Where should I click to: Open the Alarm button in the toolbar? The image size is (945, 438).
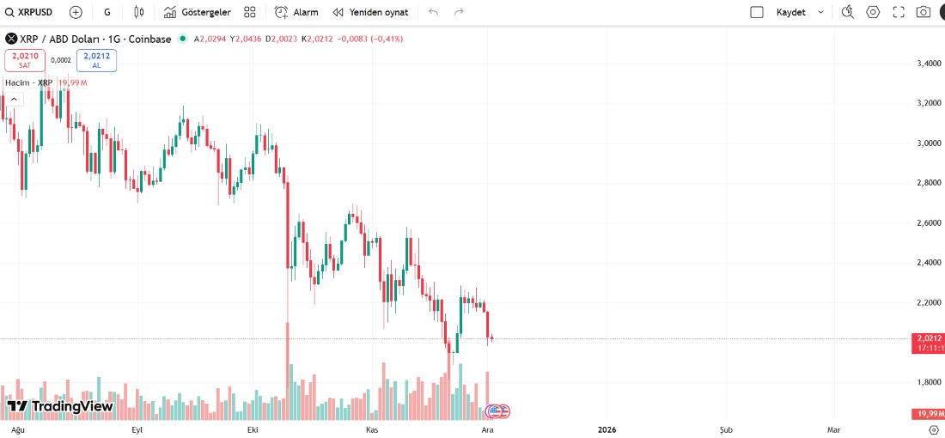[x=296, y=12]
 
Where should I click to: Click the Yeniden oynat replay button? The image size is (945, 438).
[x=370, y=12]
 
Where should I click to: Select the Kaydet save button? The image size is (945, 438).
[x=790, y=12]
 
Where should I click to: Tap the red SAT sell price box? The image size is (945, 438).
[x=25, y=60]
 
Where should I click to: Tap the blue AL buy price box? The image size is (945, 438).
[x=96, y=60]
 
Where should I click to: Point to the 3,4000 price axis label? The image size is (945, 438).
[x=929, y=64]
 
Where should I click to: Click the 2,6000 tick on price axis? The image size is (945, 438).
[x=929, y=222]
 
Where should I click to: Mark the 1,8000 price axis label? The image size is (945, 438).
[x=929, y=382]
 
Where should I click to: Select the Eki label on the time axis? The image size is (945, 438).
[x=253, y=429]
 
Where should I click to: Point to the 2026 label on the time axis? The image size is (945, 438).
[x=607, y=429]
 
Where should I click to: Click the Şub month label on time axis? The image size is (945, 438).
[x=726, y=429]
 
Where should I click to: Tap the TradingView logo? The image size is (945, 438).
[x=60, y=406]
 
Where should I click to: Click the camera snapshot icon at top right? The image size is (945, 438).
[x=924, y=12]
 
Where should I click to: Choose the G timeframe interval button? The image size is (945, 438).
[x=107, y=12]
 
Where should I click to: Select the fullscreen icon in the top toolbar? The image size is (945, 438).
[x=899, y=12]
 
